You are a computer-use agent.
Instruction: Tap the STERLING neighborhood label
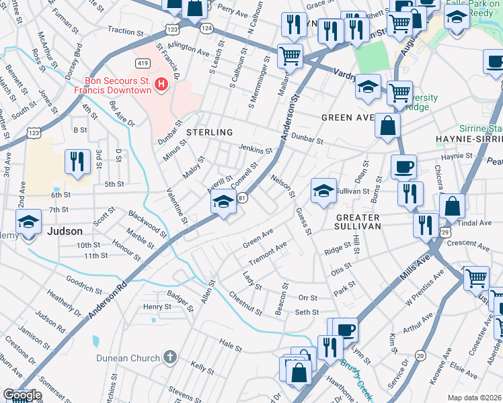[210, 132]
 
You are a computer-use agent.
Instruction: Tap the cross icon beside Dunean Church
[170, 357]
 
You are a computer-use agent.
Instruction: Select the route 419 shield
[143, 63]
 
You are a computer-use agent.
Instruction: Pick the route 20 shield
[421, 355]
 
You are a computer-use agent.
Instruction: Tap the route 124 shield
[206, 28]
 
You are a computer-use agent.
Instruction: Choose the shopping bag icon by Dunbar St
[389, 125]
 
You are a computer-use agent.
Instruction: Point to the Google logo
[22, 395]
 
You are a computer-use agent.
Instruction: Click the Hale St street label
[229, 345]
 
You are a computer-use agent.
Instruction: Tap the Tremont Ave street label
[267, 253]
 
